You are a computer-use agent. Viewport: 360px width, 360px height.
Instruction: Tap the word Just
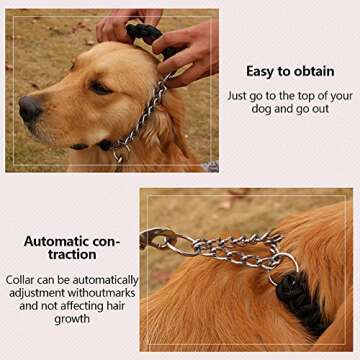[240, 96]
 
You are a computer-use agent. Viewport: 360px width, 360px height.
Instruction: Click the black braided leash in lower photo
[300, 300]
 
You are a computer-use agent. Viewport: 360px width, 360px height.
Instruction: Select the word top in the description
[307, 96]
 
